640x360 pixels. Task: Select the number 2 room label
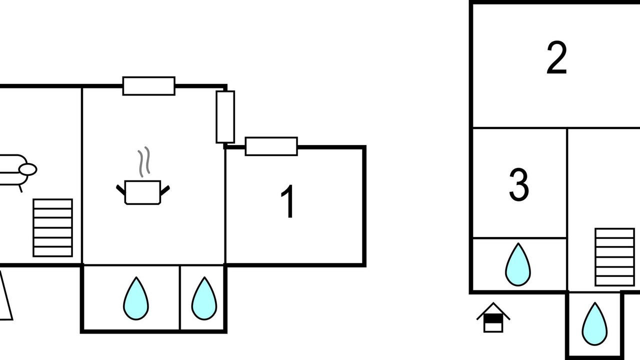click(556, 57)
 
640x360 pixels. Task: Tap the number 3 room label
click(519, 184)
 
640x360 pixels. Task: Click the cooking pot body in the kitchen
click(142, 192)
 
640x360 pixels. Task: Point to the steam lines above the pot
click(144, 161)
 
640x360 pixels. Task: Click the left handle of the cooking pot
click(120, 189)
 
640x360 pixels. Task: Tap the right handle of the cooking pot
click(165, 190)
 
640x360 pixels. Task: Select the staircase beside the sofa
click(53, 227)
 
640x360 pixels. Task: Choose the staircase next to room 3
click(614, 257)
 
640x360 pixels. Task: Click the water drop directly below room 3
click(518, 264)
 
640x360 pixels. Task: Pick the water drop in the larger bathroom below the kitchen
click(136, 298)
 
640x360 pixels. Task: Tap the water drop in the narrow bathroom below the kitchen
click(204, 298)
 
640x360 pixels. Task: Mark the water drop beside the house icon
click(594, 323)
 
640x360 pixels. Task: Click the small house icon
click(493, 317)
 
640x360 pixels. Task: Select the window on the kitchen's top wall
click(149, 85)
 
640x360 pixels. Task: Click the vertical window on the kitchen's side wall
click(225, 117)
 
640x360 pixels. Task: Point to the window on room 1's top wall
click(271, 146)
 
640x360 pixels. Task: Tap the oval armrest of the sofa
click(27, 169)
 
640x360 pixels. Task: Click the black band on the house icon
click(493, 319)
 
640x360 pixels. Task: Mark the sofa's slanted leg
click(20, 188)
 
